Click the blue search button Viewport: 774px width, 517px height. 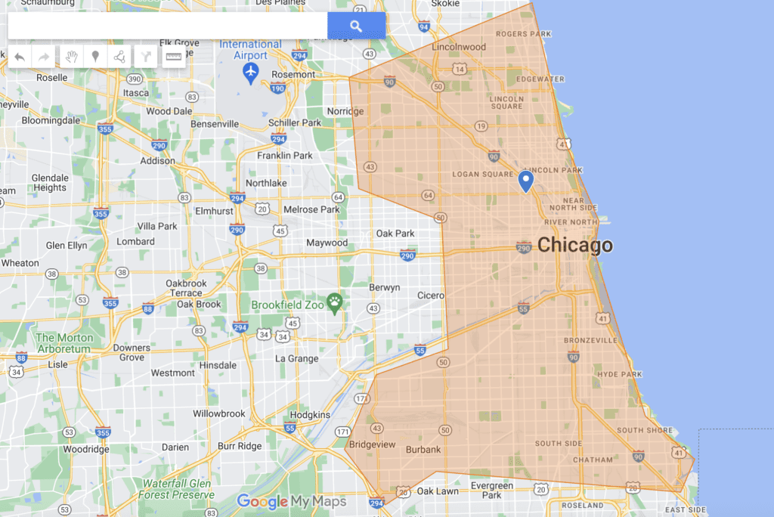356,26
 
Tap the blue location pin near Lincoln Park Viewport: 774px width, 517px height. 526,181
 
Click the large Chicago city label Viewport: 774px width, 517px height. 574,246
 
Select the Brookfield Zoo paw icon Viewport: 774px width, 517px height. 335,304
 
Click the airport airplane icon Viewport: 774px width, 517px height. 251,71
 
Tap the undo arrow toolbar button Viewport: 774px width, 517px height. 20,57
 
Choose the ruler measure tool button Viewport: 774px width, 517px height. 174,57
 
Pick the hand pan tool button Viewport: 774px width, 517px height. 71,57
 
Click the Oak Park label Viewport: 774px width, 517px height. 395,234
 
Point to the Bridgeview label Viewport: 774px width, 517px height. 372,444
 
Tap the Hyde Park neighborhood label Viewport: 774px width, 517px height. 619,374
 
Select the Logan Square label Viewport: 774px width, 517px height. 482,175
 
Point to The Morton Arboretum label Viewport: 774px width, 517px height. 64,343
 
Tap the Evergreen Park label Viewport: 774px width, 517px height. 491,491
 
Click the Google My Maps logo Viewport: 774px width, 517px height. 291,501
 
